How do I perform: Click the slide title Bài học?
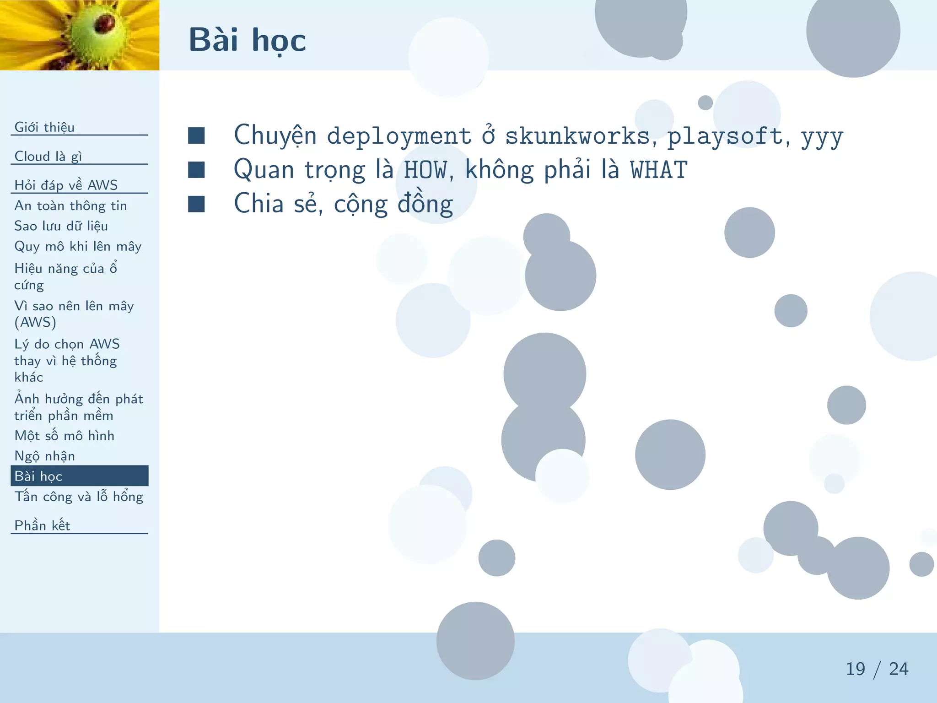point(247,40)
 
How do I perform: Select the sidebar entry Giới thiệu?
point(44,127)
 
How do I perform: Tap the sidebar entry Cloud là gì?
point(48,157)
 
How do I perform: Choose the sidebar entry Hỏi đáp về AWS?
point(66,185)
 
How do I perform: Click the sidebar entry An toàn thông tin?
point(70,206)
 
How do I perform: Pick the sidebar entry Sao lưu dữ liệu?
point(61,226)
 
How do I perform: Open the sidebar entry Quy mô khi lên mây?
point(78,247)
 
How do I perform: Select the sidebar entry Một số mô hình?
point(64,436)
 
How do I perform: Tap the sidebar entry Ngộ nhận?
point(44,456)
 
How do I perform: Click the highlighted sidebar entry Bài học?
point(38,476)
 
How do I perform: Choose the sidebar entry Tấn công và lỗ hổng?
point(79,497)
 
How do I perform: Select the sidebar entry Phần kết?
point(42,526)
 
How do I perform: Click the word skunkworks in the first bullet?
point(577,136)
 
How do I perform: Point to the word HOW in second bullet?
point(425,170)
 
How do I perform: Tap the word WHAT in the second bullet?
point(658,170)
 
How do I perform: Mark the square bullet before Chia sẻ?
point(196,204)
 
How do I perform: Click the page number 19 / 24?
point(877,669)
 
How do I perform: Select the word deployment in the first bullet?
point(399,136)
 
